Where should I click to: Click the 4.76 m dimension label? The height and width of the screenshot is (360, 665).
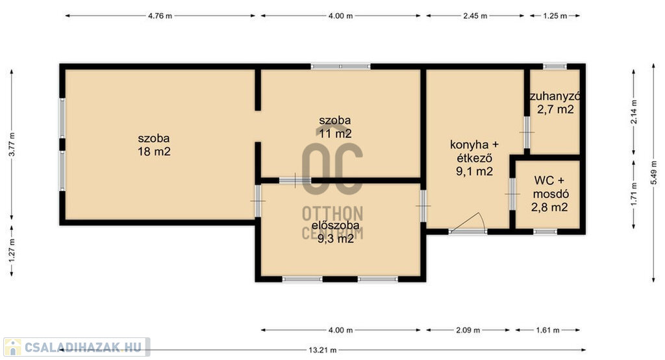(160, 16)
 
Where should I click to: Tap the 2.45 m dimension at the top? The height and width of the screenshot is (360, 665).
(475, 16)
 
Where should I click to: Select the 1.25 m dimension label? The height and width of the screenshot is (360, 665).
(555, 16)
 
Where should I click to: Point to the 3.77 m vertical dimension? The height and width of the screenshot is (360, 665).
(12, 144)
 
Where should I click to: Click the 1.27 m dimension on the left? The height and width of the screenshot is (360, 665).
(12, 250)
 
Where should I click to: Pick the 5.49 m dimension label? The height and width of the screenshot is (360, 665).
(653, 172)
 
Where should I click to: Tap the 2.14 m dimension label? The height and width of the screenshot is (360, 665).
(634, 112)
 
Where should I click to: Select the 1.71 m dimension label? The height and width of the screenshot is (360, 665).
(634, 194)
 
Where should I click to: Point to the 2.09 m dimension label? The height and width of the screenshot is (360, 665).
(468, 330)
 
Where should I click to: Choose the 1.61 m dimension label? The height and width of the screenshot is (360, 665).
(547, 330)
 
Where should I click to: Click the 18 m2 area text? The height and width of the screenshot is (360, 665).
(154, 151)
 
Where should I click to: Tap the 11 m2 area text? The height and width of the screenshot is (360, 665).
(335, 134)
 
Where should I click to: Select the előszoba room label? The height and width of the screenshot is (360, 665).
(336, 225)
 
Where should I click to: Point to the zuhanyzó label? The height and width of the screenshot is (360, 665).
(555, 96)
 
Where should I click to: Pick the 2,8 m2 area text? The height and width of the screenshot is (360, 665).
(549, 207)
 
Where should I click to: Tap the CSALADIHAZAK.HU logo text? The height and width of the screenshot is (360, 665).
(83, 347)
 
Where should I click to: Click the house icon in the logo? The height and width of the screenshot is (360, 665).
(13, 347)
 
